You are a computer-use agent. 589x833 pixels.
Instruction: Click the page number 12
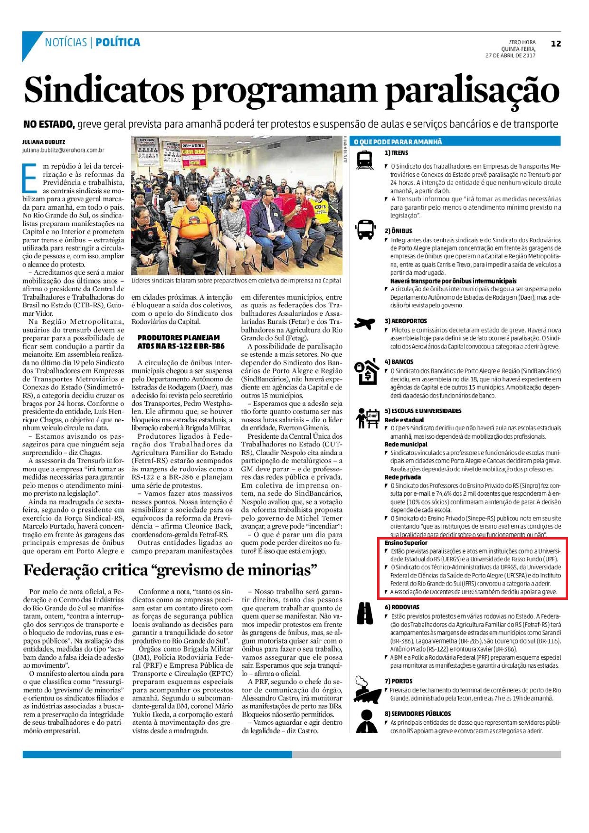click(x=556, y=44)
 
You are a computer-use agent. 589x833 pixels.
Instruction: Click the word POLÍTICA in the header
click(x=118, y=43)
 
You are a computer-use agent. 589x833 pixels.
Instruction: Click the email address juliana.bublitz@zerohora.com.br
click(x=63, y=150)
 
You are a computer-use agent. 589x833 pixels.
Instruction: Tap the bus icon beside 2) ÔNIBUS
click(x=365, y=230)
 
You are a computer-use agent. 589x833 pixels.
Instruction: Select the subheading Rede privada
click(x=402, y=477)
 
